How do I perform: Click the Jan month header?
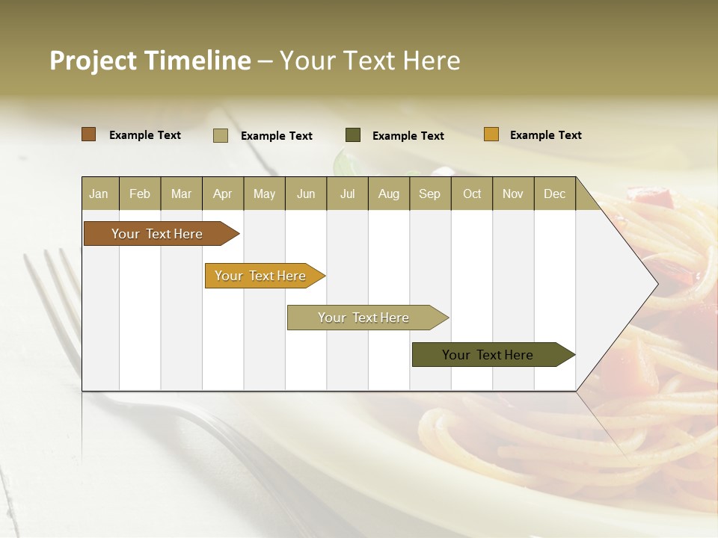[99, 194]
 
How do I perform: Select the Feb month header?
[140, 194]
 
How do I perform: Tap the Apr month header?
[223, 194]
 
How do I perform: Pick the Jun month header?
[306, 194]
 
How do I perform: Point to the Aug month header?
[389, 194]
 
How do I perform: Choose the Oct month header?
[472, 194]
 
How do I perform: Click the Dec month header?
[555, 194]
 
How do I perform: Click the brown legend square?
[89, 134]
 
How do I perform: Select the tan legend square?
[221, 135]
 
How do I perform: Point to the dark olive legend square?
[353, 135]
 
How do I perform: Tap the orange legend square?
[491, 134]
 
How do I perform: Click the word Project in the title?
[93, 61]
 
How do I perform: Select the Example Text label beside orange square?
[545, 135]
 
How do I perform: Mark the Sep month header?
[430, 194]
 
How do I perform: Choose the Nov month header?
[513, 194]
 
